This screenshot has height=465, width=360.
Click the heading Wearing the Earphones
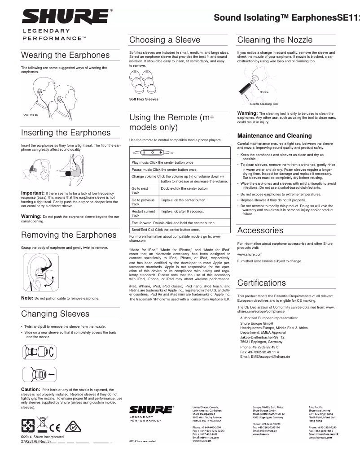[x=66, y=55]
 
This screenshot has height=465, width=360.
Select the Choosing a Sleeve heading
[x=165, y=40]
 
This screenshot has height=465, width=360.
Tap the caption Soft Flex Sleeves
[x=144, y=99]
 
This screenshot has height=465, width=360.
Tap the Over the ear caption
[x=31, y=115]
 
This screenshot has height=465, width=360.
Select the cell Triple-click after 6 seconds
[x=182, y=211]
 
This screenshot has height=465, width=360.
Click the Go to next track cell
[x=140, y=191]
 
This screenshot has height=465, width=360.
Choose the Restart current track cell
[x=143, y=213]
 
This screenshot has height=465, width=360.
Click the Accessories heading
[x=260, y=230]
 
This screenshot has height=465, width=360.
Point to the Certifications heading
[x=261, y=283]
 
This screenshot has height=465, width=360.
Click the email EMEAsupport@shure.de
[x=265, y=356]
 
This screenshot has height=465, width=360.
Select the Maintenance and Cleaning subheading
[x=274, y=135]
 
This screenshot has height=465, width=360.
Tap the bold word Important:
[x=33, y=193]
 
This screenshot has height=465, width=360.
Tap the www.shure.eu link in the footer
[x=261, y=435]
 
